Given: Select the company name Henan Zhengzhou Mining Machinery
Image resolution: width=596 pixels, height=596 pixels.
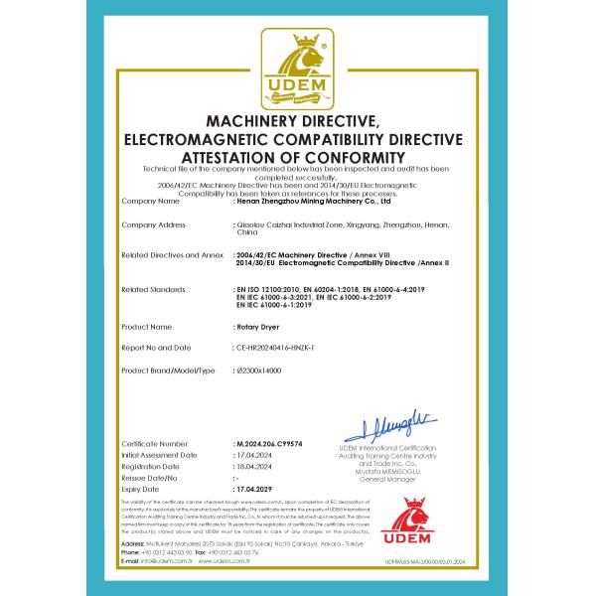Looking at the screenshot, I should point(309,200).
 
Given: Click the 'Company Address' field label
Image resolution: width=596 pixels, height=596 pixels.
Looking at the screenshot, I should point(153,225).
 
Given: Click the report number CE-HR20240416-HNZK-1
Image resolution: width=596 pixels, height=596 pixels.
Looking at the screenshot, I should point(277,348).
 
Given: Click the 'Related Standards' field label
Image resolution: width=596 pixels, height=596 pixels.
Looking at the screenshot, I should point(154,289).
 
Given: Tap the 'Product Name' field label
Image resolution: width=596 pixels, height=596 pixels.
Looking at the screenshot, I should point(147,326).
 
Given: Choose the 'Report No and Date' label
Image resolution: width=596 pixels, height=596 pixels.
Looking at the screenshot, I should point(156,348).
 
